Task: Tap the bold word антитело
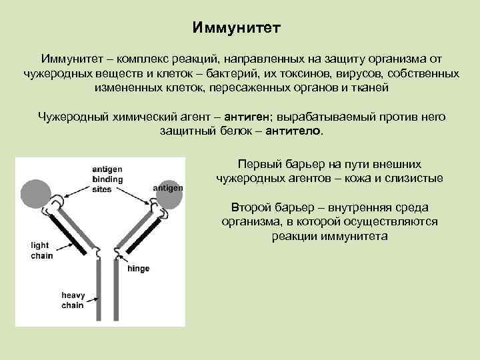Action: pyautogui.click(x=293, y=131)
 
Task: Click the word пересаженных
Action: pyautogui.click(x=254, y=87)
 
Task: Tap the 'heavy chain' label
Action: pyautogui.click(x=72, y=300)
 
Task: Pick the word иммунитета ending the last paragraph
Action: pyautogui.click(x=329, y=236)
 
